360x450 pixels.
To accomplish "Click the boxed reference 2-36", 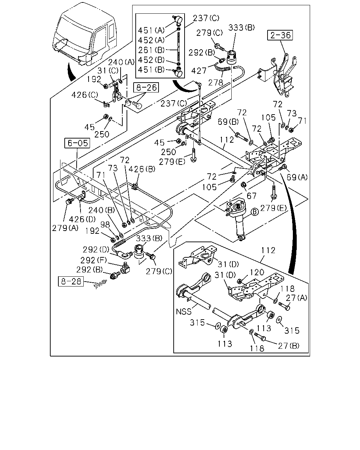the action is click(x=280, y=35).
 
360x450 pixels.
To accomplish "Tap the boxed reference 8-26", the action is click(x=146, y=88).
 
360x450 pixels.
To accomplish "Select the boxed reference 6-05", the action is click(x=77, y=143).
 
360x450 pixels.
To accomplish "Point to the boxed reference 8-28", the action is click(x=71, y=281).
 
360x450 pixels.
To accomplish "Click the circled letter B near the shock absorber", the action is click(x=255, y=212).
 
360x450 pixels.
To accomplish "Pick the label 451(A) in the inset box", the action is click(x=151, y=31).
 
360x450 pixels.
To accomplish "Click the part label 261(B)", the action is click(x=151, y=50).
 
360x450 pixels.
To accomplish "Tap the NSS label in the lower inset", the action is click(x=184, y=311).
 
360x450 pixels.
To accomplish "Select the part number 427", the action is click(x=199, y=71).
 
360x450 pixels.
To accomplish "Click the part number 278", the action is click(x=216, y=83).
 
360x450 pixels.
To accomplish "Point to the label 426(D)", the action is click(x=82, y=219).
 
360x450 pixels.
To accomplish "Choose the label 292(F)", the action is click(x=94, y=261).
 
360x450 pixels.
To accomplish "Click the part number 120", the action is click(x=257, y=272).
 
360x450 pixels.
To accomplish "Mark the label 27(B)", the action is click(x=289, y=346).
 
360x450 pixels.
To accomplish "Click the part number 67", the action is click(x=251, y=196).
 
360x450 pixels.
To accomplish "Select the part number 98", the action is click(x=105, y=225).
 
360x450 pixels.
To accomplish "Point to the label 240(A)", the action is click(x=121, y=62).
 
